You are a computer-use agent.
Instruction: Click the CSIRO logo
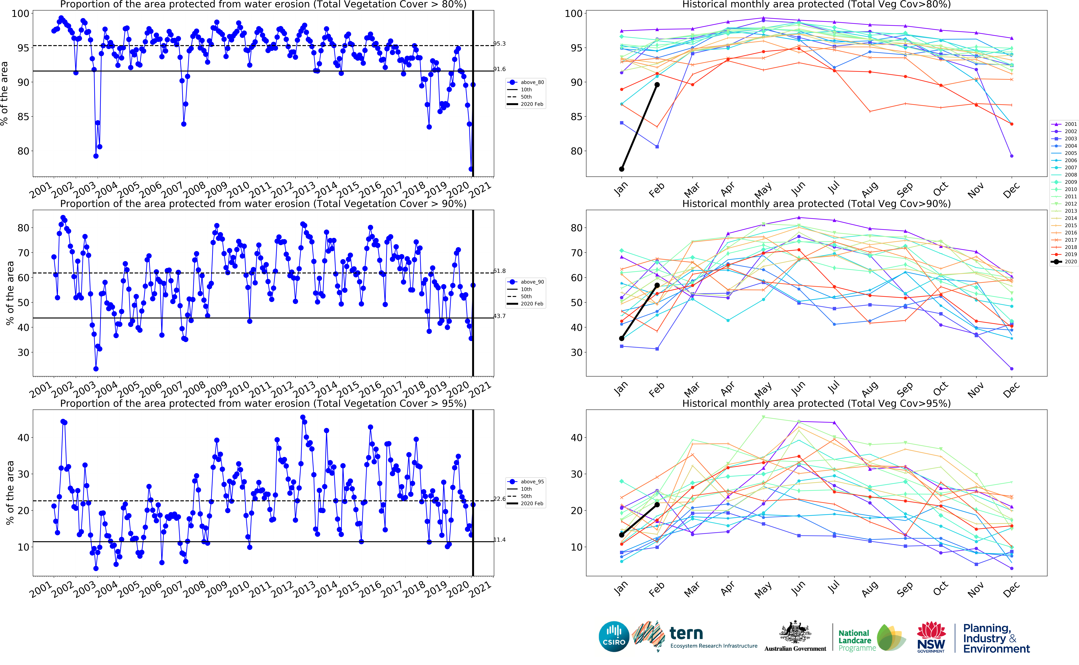click(614, 636)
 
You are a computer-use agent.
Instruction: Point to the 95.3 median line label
click(499, 44)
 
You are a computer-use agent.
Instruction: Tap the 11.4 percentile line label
click(499, 540)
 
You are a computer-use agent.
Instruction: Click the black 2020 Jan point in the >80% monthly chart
click(621, 169)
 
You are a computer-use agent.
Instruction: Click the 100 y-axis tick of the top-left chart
click(20, 14)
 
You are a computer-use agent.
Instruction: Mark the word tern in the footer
click(686, 633)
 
